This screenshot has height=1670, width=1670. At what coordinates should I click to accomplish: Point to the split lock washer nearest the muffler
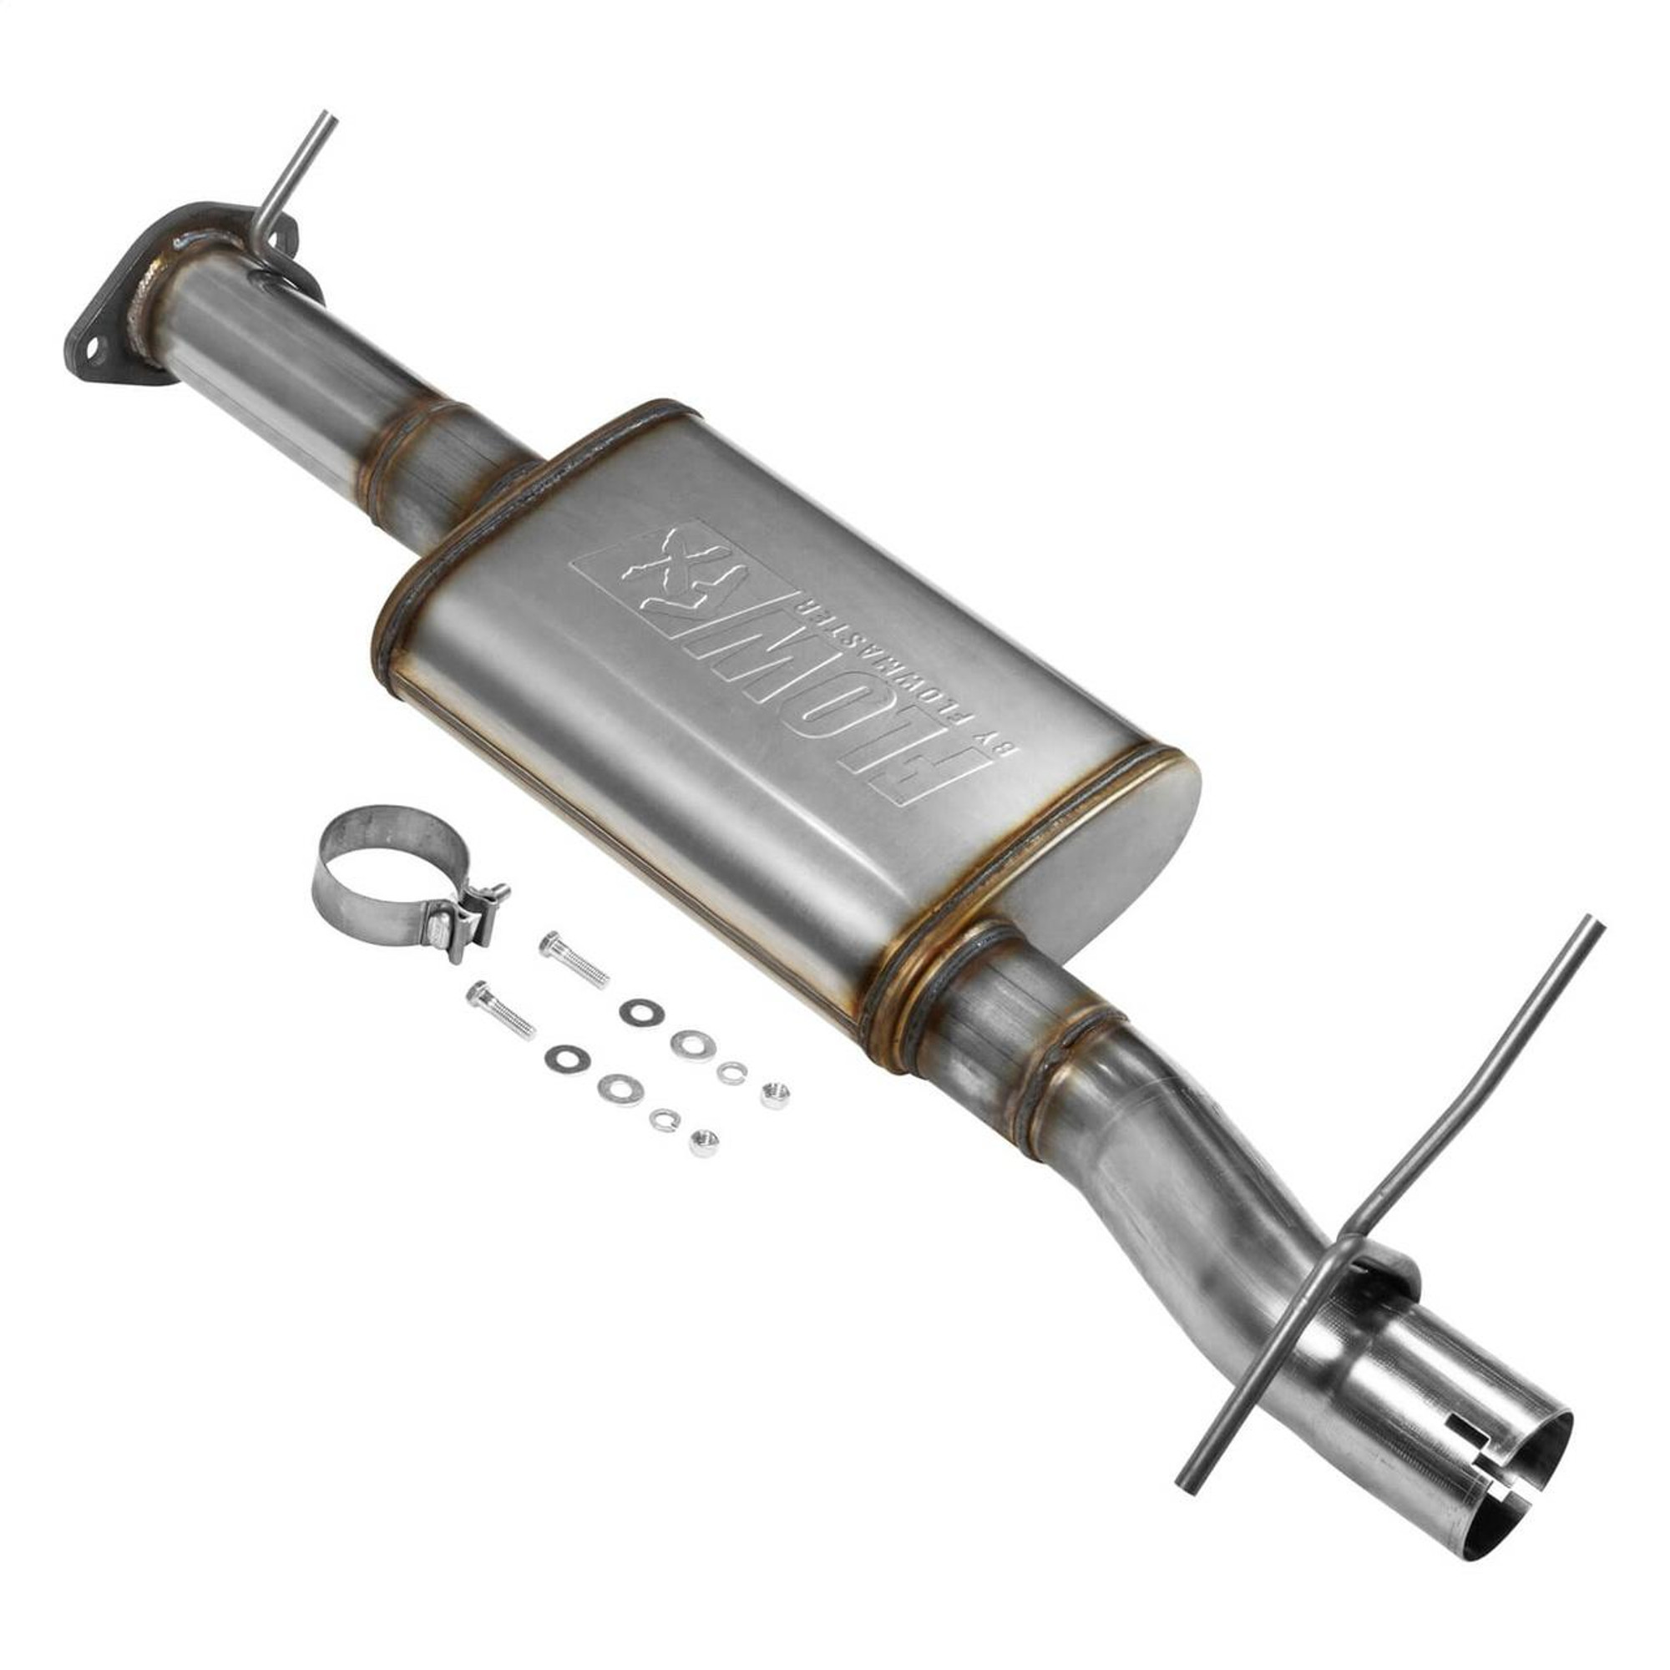(x=731, y=1073)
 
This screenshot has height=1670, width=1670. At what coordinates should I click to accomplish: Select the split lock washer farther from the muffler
(x=664, y=1121)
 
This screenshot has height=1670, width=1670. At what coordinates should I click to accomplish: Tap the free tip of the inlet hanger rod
(x=326, y=116)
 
